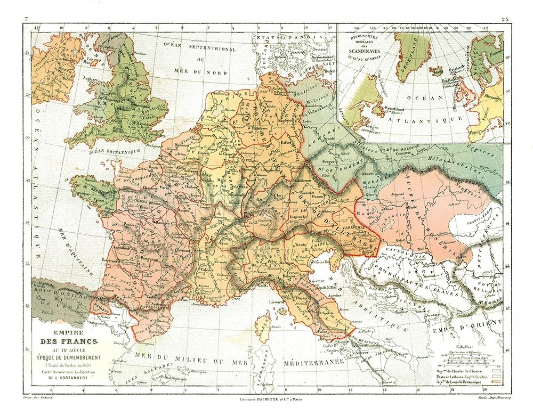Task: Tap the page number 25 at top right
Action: pos(505,20)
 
